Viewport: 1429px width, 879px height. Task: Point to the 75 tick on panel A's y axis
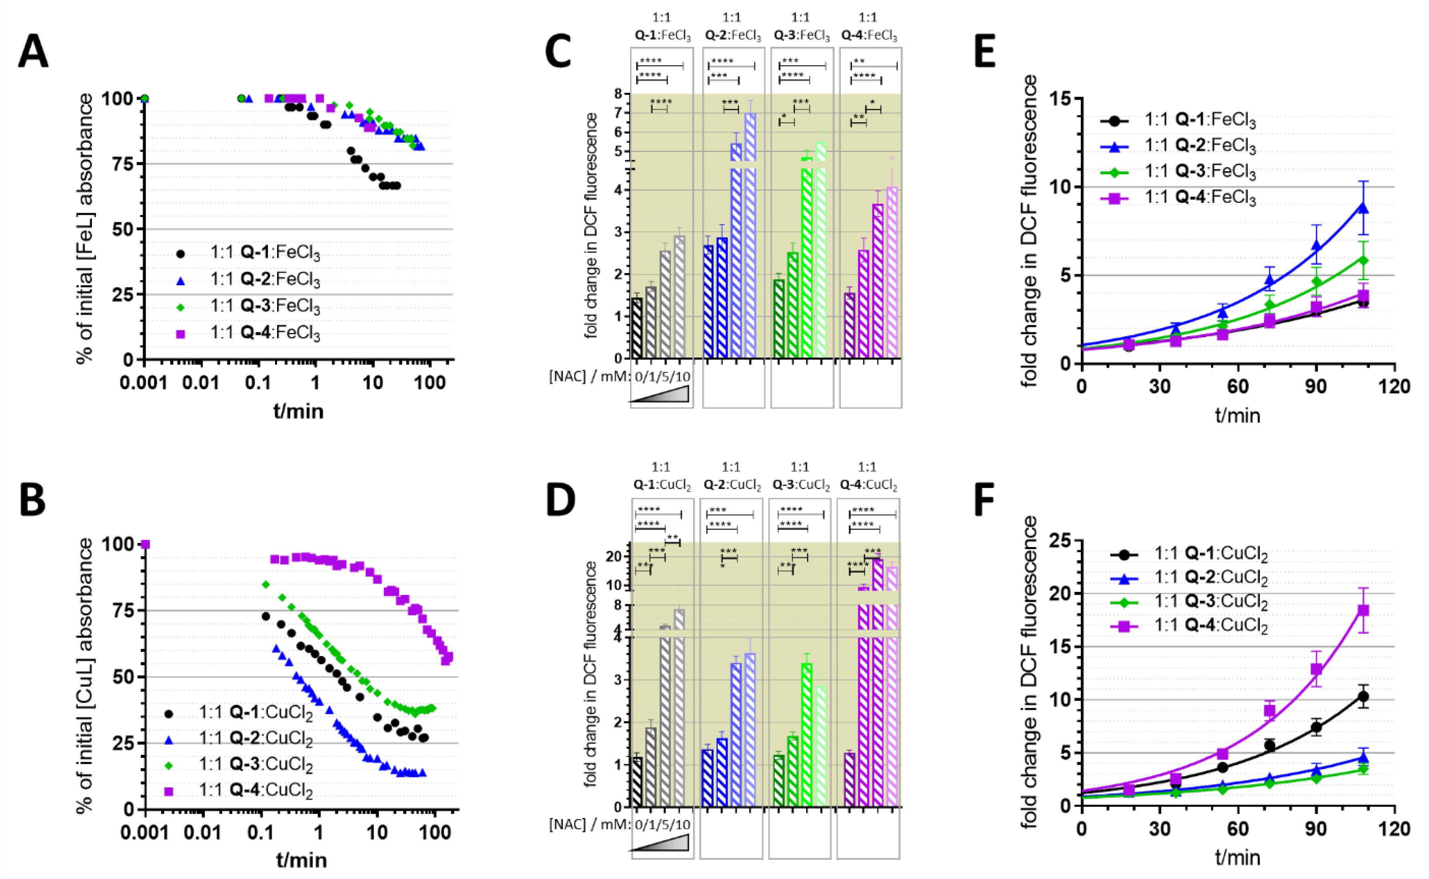point(122,164)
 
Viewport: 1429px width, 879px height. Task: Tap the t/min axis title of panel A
point(298,411)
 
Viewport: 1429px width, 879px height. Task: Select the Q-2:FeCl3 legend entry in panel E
point(1199,146)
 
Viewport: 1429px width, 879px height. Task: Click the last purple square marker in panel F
point(1363,610)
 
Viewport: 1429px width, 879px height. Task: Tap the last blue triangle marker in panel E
point(1363,208)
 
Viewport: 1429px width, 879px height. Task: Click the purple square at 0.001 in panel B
point(145,544)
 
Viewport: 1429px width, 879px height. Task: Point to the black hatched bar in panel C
point(637,328)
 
